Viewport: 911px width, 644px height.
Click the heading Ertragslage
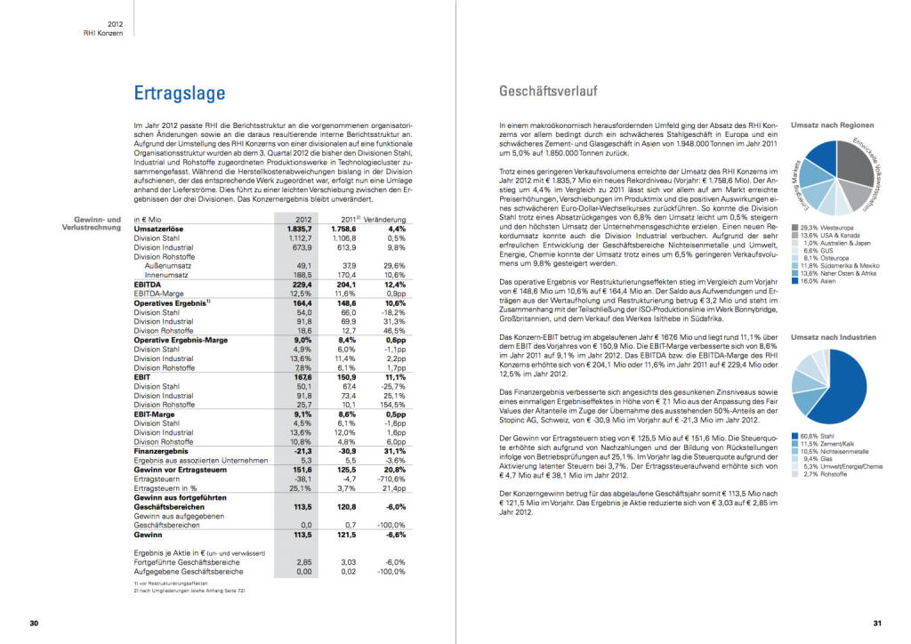click(179, 93)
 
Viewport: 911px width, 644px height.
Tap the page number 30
click(34, 622)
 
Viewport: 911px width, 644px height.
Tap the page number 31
click(876, 622)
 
